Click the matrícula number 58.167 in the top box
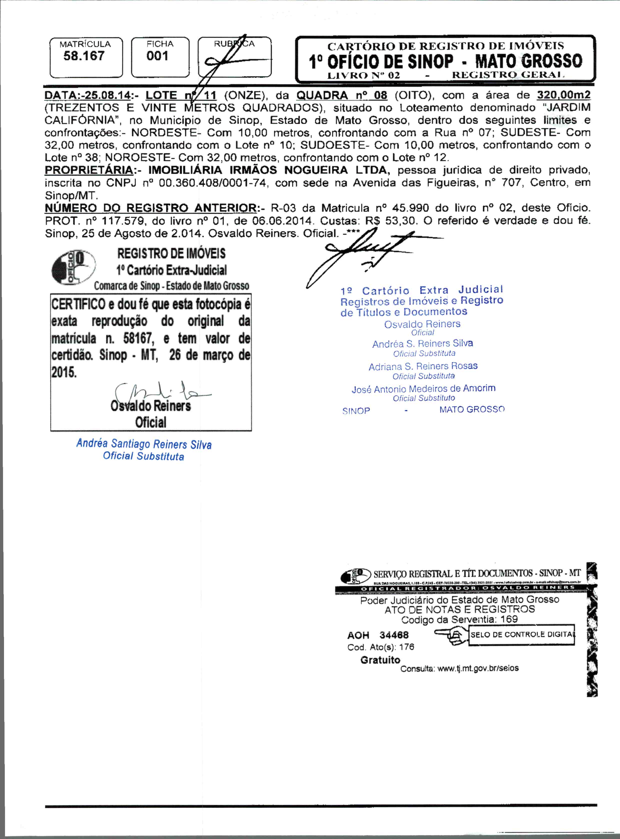[84, 56]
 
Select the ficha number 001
[157, 56]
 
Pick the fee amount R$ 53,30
[391, 220]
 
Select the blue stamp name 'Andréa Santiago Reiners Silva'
[144, 444]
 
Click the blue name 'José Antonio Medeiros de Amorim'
[423, 389]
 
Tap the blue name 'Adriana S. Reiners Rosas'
[423, 366]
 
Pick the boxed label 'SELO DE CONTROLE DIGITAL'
[522, 634]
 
